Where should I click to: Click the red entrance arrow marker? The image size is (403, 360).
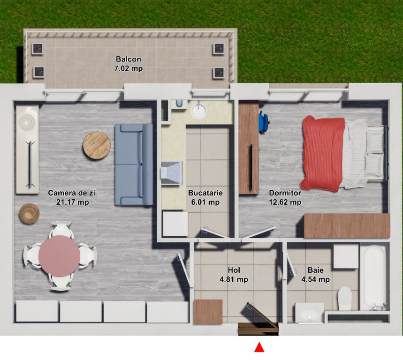coord(259,347)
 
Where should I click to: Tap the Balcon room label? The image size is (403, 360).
coord(129,59)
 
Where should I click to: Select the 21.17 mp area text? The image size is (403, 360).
coord(73,202)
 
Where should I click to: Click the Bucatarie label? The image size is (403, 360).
coord(205,193)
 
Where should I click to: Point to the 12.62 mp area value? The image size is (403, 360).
coord(285,202)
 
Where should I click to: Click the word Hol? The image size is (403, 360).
coord(234,270)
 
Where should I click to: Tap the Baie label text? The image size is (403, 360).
coord(316,270)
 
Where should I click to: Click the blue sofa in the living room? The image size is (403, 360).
coord(134,165)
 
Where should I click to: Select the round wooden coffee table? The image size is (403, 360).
coord(97,145)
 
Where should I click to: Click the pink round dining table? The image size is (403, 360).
coord(60,256)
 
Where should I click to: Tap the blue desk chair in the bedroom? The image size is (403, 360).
coord(264,122)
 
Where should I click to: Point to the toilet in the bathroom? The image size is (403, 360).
coord(345,299)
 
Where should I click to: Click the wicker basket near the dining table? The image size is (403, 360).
coord(29,213)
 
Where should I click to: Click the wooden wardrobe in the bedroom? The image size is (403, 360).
coord(347,225)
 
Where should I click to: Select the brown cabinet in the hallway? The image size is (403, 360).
coord(208,312)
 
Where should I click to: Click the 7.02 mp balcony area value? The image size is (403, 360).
coord(129,68)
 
